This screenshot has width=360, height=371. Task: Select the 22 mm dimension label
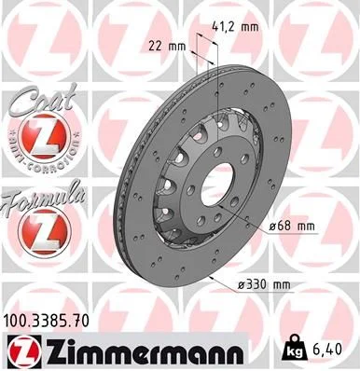(x=166, y=45)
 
